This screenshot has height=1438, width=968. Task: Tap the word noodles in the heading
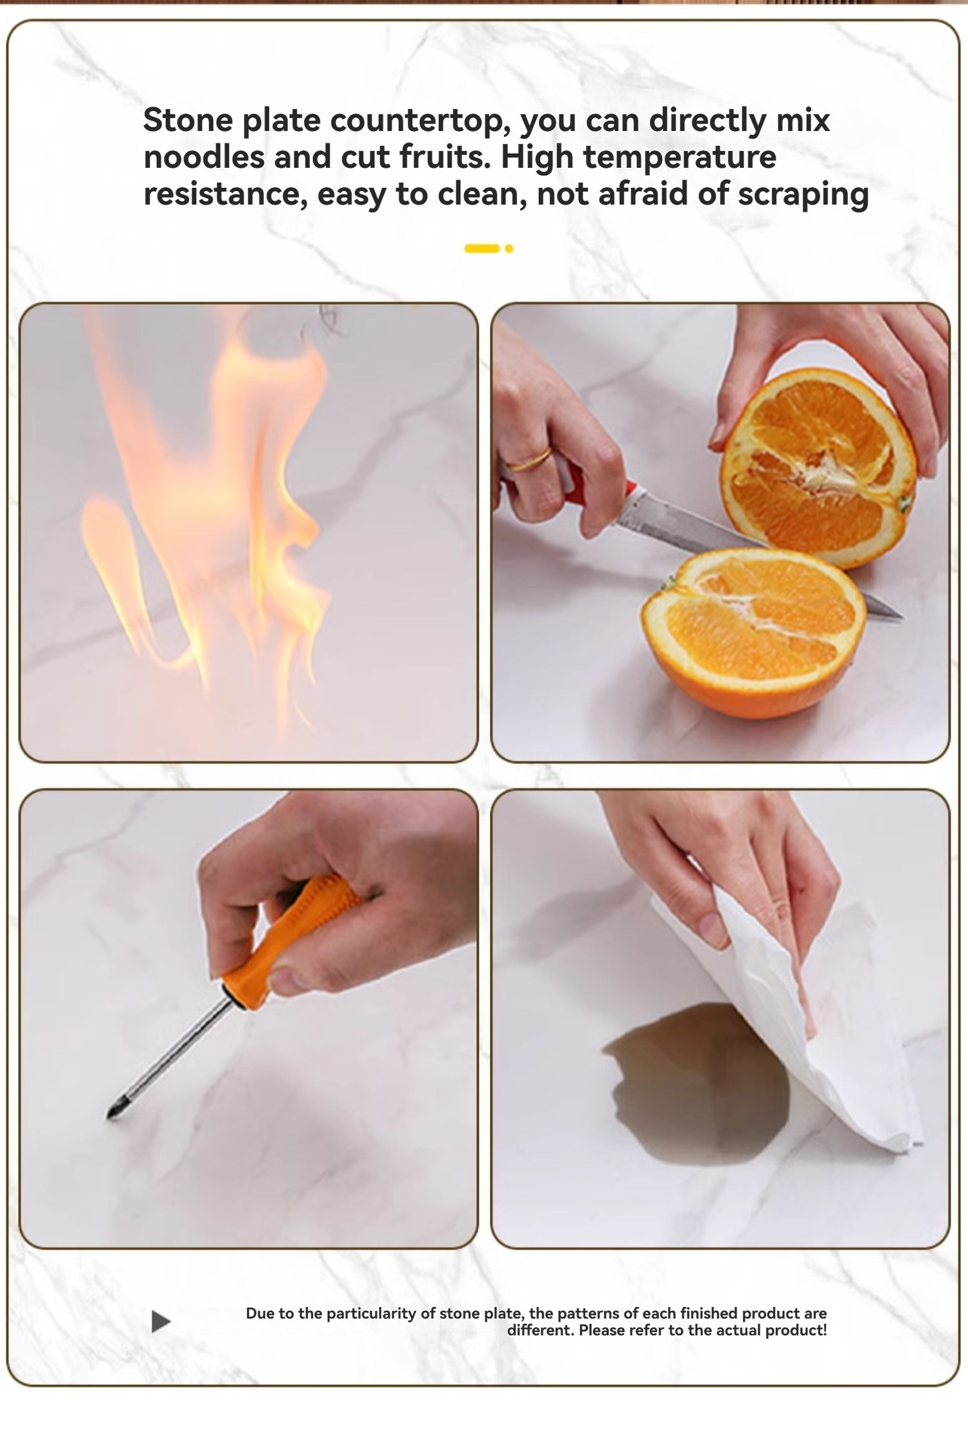(204, 157)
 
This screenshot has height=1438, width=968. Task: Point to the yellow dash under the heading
(482, 248)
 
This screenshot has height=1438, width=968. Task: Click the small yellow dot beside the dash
(509, 248)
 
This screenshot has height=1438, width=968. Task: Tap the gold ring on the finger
(528, 458)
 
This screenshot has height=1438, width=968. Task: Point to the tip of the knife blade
(901, 616)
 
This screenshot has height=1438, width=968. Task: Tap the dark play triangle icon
(161, 1321)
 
